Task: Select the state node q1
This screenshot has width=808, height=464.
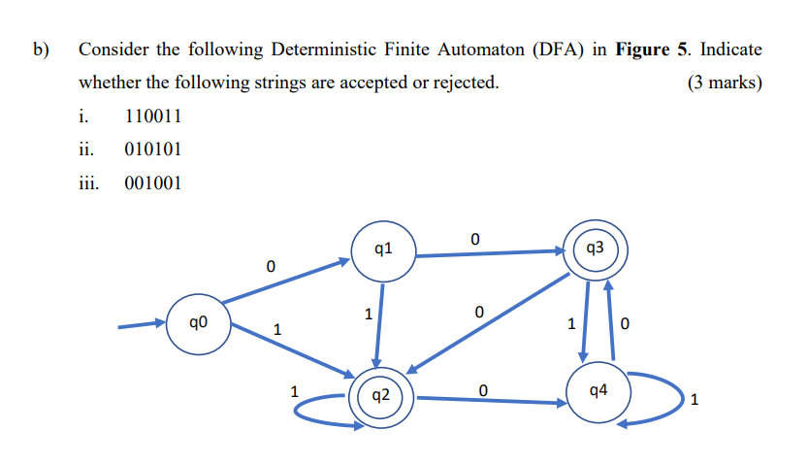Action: pos(382,251)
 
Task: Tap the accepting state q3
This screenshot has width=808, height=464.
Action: pos(597,250)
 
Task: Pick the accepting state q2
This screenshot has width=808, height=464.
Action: pos(380,396)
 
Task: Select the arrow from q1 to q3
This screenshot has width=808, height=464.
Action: pos(490,254)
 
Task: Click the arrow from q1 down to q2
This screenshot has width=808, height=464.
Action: pos(379,325)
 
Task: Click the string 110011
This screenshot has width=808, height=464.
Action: pos(153,116)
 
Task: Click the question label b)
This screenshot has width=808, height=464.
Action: pos(43,49)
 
